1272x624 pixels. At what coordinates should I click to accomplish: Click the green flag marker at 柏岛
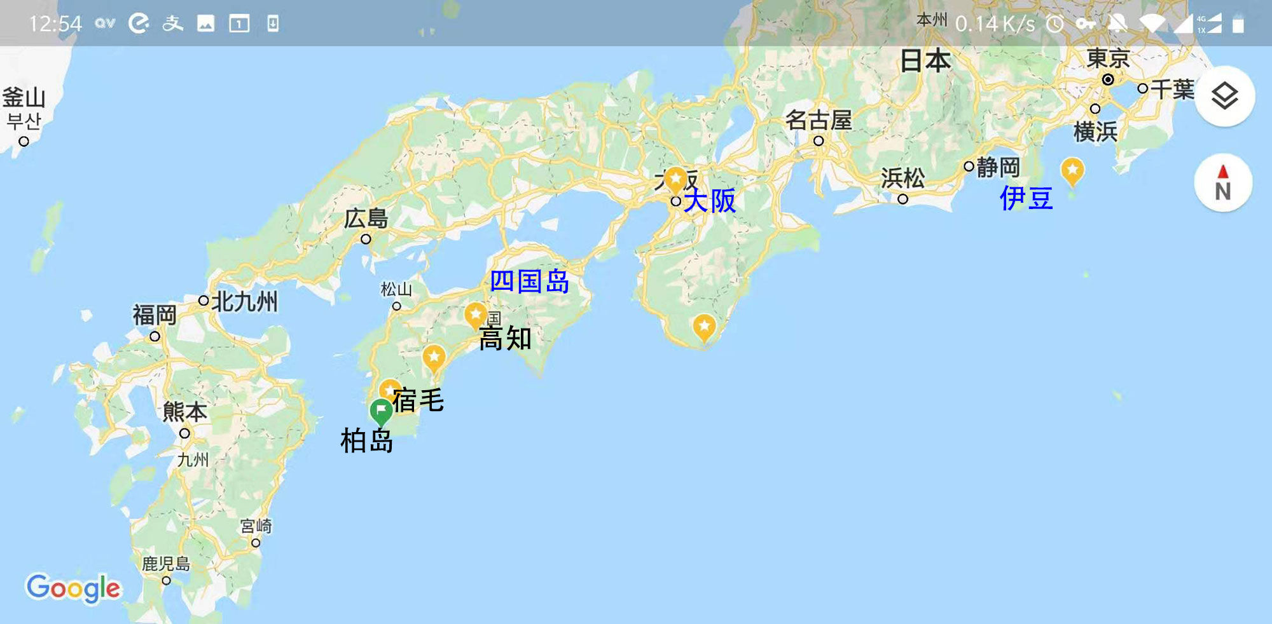(381, 410)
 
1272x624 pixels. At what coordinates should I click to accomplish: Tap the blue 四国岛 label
(529, 281)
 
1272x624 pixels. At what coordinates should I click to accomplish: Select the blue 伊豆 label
(1026, 198)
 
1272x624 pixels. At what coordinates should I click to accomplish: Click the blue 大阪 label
(710, 201)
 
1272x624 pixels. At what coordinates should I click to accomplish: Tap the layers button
(1224, 96)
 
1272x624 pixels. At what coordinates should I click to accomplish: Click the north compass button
(1223, 183)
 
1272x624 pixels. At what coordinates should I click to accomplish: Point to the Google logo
(73, 588)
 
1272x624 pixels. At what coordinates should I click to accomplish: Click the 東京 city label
(1108, 58)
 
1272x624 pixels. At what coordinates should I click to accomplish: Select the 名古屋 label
(819, 119)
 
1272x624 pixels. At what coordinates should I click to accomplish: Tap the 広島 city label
(366, 219)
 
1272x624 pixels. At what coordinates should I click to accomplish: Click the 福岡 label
(155, 315)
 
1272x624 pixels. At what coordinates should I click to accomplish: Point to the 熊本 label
(184, 412)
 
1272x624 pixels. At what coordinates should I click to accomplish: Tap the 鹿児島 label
(165, 564)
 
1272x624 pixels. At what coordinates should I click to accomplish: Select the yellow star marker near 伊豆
(1072, 170)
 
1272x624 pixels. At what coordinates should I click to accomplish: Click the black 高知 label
(505, 339)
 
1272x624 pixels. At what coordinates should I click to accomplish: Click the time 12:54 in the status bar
(55, 24)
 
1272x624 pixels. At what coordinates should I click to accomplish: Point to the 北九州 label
(244, 301)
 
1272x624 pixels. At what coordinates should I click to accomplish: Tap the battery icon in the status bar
(1238, 24)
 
